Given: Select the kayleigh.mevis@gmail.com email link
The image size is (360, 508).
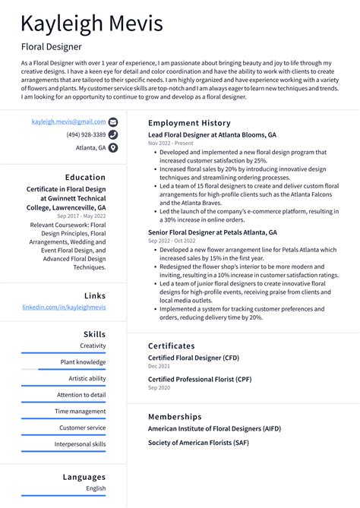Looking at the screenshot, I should point(68,121).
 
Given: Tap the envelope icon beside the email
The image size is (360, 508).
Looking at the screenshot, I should point(113,121).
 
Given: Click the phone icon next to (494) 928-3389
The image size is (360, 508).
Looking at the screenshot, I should point(113,134).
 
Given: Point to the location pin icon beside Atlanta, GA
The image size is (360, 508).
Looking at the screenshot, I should point(113,148).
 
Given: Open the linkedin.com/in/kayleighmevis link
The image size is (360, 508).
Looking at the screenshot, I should point(64,308).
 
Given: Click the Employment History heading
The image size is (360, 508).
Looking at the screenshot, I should point(188,123).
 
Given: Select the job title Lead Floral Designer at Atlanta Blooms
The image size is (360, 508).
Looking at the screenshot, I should point(212,134).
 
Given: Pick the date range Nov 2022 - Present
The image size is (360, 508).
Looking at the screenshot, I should point(171,144).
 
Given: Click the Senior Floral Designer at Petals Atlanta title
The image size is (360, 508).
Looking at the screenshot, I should point(212,232).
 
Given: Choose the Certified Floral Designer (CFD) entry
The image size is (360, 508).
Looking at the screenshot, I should point(193,357).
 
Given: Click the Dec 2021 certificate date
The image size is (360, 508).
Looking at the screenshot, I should point(159,366).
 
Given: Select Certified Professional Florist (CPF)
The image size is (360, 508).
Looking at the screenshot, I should point(199,379).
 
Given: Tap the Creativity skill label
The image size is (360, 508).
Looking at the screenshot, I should point(93,346).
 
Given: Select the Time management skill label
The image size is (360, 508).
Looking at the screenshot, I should point(81,412).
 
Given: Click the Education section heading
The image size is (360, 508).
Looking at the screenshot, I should point(85,178).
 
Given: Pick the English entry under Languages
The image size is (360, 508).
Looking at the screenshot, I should point(96,489).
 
